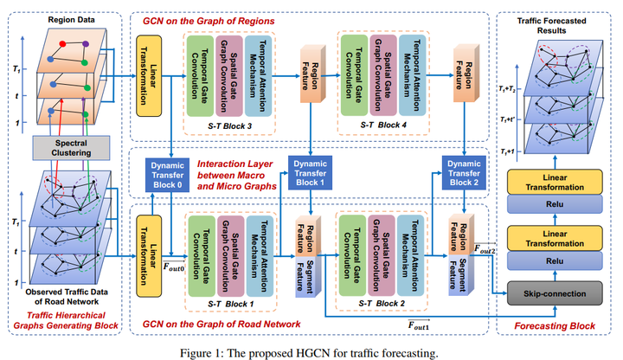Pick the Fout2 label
486,251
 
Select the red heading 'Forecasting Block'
556,325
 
